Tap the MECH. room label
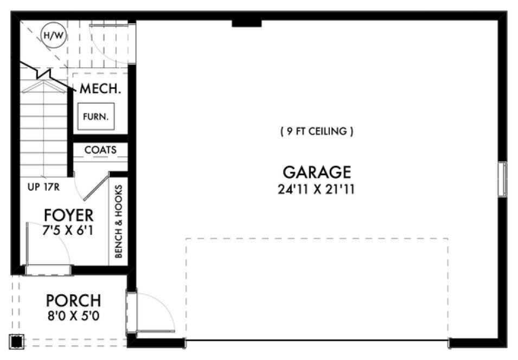pos(100,89)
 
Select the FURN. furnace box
pos(96,116)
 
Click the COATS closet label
pos(100,150)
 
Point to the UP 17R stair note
pos(43,189)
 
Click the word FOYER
pos(68,215)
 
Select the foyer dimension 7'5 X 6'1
pos(68,230)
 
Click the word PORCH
pos(73,300)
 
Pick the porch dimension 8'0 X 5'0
pos(73,314)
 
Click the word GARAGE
pos(317,172)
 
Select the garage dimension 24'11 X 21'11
pos(317,189)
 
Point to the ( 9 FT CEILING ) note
pos(317,131)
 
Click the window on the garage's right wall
pos(502,179)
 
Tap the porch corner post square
pos(17,341)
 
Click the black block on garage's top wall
pos(246,23)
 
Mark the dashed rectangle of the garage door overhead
pos(317,287)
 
